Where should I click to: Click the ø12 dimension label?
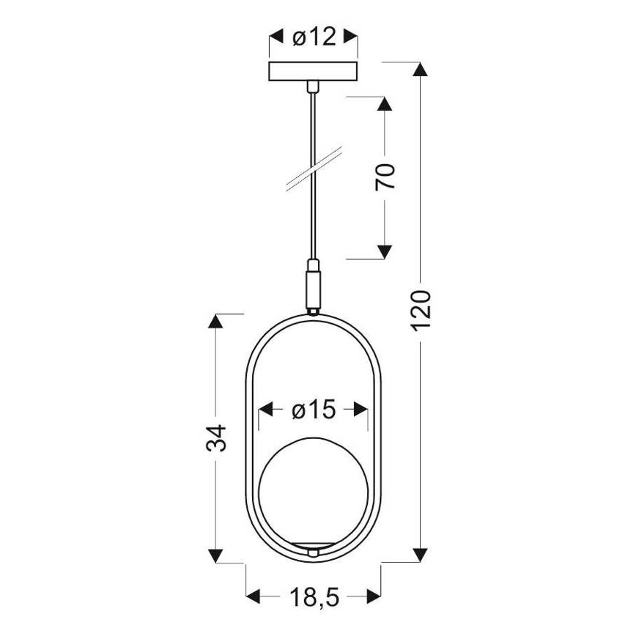(x=314, y=37)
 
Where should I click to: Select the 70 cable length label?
(x=386, y=177)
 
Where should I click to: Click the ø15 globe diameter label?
(x=314, y=410)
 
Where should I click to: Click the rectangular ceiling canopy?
(x=314, y=72)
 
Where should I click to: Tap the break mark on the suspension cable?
(x=314, y=170)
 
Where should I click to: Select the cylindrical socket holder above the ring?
(x=314, y=284)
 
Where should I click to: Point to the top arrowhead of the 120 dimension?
(x=420, y=70)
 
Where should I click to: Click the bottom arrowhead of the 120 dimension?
(x=420, y=554)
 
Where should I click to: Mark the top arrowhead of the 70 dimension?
(x=383, y=103)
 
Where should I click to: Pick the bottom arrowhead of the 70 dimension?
(x=383, y=251)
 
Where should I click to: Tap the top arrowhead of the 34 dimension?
(x=215, y=322)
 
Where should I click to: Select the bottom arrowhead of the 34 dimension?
(x=215, y=554)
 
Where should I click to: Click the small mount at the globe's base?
(x=314, y=551)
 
